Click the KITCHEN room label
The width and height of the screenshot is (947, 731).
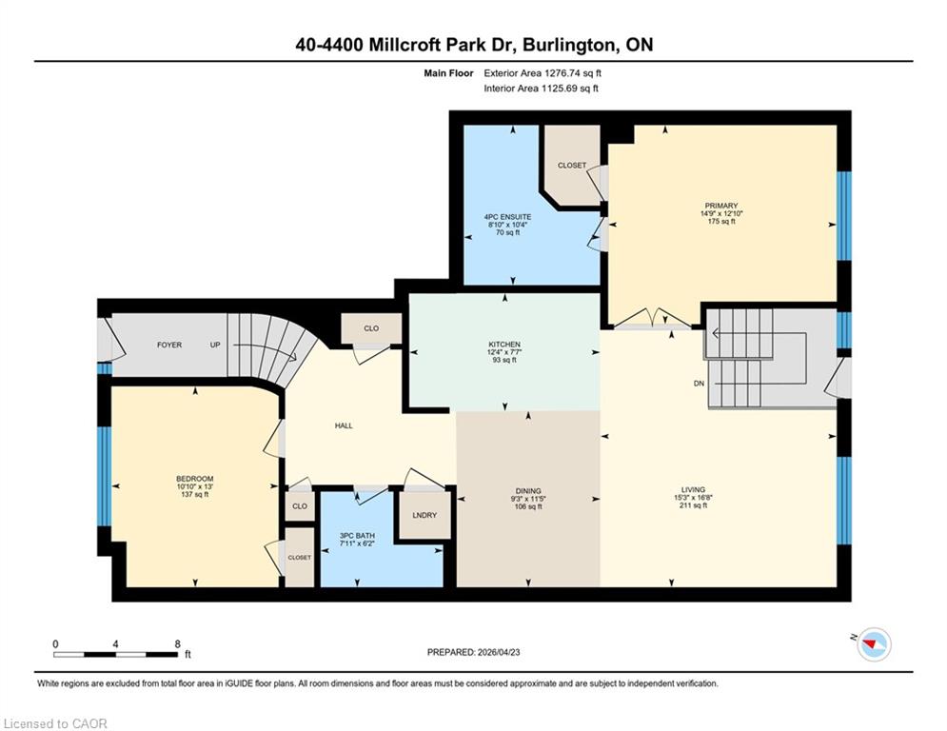click(x=504, y=345)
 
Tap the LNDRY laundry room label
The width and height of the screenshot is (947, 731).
click(x=424, y=515)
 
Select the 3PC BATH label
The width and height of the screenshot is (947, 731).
click(x=357, y=535)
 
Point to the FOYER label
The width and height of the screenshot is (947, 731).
click(x=169, y=345)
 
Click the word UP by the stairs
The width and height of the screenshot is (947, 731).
click(x=215, y=345)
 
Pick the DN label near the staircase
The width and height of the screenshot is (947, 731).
click(x=699, y=384)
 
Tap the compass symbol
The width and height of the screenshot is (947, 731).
click(x=874, y=644)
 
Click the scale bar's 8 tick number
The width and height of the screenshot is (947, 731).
click(x=178, y=644)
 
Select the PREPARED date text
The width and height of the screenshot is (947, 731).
click(x=474, y=652)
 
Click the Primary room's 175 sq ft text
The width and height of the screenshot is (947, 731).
click(x=721, y=221)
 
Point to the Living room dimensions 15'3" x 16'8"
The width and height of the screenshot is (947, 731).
click(x=693, y=498)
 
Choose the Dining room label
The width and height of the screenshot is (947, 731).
click(x=528, y=491)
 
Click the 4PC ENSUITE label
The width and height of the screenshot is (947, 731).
click(x=507, y=217)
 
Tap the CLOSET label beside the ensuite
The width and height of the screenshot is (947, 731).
click(x=572, y=166)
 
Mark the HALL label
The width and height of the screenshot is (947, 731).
click(x=344, y=425)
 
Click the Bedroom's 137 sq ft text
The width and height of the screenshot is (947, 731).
click(x=194, y=494)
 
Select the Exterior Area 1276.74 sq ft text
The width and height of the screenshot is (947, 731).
click(x=543, y=73)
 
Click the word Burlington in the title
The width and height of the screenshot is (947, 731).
click(x=567, y=45)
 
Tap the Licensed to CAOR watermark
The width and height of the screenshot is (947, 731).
click(x=55, y=723)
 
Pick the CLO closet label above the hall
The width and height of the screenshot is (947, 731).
click(x=371, y=328)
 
